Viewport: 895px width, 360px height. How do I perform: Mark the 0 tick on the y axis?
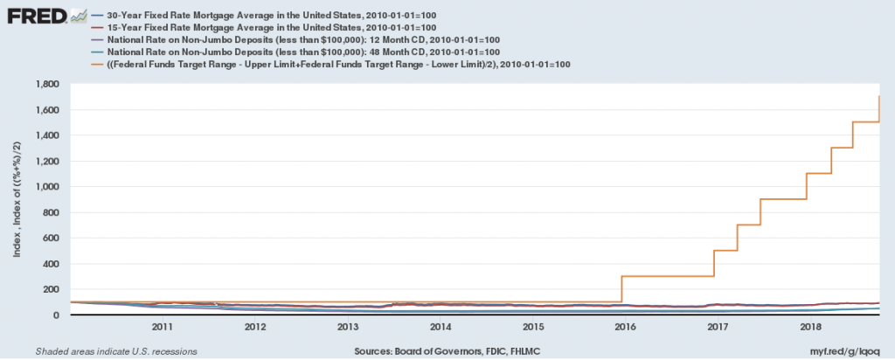click(61, 315)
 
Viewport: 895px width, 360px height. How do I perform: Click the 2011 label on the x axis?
click(162, 328)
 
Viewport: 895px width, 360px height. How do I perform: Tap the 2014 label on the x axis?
click(441, 328)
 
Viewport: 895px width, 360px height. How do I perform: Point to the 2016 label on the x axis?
click(626, 328)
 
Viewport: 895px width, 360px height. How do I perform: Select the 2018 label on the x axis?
click(811, 328)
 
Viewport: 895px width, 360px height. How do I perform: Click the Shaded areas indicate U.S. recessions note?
click(116, 350)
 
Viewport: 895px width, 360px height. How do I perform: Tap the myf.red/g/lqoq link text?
click(845, 350)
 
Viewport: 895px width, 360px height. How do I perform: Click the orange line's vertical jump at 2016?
click(621, 289)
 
